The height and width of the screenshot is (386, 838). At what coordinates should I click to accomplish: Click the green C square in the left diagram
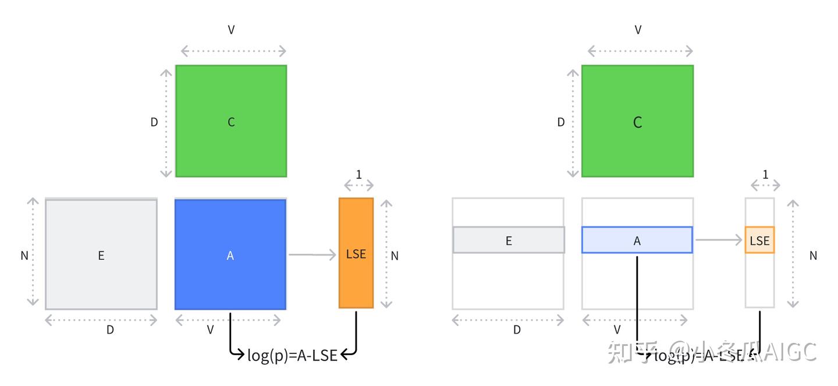coord(231,121)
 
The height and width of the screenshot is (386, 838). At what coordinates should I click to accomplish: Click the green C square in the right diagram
coord(637,121)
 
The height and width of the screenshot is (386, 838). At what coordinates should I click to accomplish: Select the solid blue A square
coord(230,254)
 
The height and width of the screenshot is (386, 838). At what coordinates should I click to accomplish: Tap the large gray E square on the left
coord(101,254)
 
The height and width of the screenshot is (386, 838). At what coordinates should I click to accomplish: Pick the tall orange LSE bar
coord(356,253)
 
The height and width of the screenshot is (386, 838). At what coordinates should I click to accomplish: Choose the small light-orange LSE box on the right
coord(759,240)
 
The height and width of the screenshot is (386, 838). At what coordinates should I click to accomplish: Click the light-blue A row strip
coord(637,240)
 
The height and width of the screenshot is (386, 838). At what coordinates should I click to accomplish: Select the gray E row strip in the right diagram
coord(509,240)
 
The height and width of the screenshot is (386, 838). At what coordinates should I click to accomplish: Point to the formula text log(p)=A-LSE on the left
coord(292,355)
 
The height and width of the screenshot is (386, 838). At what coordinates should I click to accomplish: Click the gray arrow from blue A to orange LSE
coord(313,254)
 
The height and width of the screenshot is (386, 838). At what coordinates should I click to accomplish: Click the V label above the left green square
coord(231,30)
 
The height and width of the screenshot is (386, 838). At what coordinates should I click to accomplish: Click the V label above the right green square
coord(638,30)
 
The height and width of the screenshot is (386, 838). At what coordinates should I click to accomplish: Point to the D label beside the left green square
coord(154,122)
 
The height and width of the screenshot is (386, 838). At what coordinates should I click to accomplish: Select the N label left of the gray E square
coord(24,255)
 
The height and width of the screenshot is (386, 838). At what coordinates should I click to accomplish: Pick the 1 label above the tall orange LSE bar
coord(358,174)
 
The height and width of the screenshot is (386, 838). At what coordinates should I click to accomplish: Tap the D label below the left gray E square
coord(110,330)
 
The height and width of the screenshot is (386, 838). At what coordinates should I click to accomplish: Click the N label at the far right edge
coord(813,255)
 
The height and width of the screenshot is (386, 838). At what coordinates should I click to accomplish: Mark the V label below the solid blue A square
coord(211,330)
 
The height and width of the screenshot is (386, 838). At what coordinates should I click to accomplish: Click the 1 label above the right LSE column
coord(765,174)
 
